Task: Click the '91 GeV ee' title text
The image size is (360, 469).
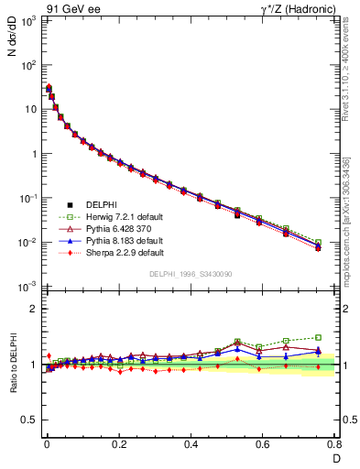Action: click(x=71, y=8)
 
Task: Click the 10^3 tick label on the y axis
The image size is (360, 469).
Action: click(x=27, y=20)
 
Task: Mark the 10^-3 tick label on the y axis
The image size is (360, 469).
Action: click(x=27, y=287)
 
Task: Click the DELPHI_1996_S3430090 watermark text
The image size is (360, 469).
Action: click(x=191, y=275)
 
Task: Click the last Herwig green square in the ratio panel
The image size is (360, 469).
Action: click(x=318, y=337)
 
